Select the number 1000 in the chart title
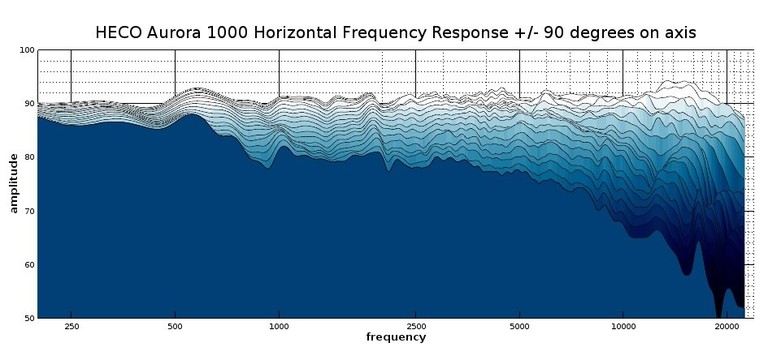pyautogui.click(x=237, y=33)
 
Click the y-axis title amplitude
pyautogui.click(x=14, y=184)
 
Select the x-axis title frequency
pyautogui.click(x=395, y=338)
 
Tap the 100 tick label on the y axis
pyautogui.click(x=27, y=50)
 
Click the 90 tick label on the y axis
pyautogui.click(x=29, y=104)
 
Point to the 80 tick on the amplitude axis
pyautogui.click(x=29, y=158)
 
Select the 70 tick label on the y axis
pyautogui.click(x=29, y=211)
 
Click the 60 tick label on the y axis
pyautogui.click(x=29, y=265)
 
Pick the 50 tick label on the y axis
pyautogui.click(x=29, y=318)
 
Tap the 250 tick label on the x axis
pyautogui.click(x=72, y=327)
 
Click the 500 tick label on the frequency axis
pyautogui.click(x=175, y=327)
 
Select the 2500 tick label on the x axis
pyautogui.click(x=416, y=327)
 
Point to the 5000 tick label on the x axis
pyautogui.click(x=519, y=327)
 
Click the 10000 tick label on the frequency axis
pyautogui.click(x=623, y=327)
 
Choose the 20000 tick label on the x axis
pyautogui.click(x=726, y=327)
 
